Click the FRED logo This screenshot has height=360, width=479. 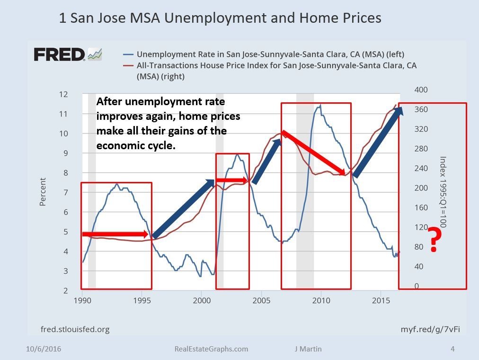pyautogui.click(x=60, y=54)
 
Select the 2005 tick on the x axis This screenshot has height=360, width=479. pyautogui.click(x=261, y=300)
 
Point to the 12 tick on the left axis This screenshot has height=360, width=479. pyautogui.click(x=63, y=94)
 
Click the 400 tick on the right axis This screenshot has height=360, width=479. pyautogui.click(x=421, y=90)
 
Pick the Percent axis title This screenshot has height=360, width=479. pyautogui.click(x=43, y=191)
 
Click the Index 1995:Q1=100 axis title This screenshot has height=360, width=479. pyautogui.click(x=443, y=191)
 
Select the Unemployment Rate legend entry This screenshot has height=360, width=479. pyautogui.click(x=270, y=54)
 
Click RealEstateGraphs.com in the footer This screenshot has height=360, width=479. pyautogui.click(x=211, y=349)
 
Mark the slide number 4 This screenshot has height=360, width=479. pyautogui.click(x=452, y=349)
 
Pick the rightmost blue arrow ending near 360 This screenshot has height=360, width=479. pyautogui.click(x=378, y=142)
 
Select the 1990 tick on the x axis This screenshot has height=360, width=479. pyautogui.click(x=82, y=300)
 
